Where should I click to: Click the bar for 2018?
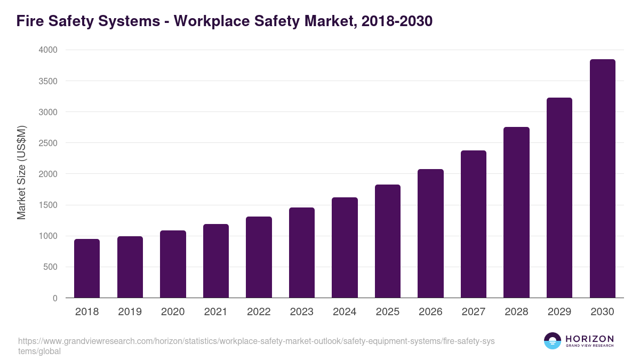(87, 268)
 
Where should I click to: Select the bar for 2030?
(602, 179)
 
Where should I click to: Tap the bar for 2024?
(345, 247)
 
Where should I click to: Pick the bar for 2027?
(474, 224)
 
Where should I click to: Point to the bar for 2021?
(216, 261)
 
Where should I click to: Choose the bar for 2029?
(559, 198)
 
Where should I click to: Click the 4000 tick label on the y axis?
(47, 50)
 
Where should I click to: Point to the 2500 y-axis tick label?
(47, 143)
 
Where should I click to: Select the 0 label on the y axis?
(55, 298)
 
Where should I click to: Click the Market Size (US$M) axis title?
(21, 173)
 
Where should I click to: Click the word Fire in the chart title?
(30, 21)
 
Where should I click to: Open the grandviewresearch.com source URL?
(257, 346)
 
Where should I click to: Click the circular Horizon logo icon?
(553, 341)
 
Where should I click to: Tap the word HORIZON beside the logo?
(589, 339)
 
